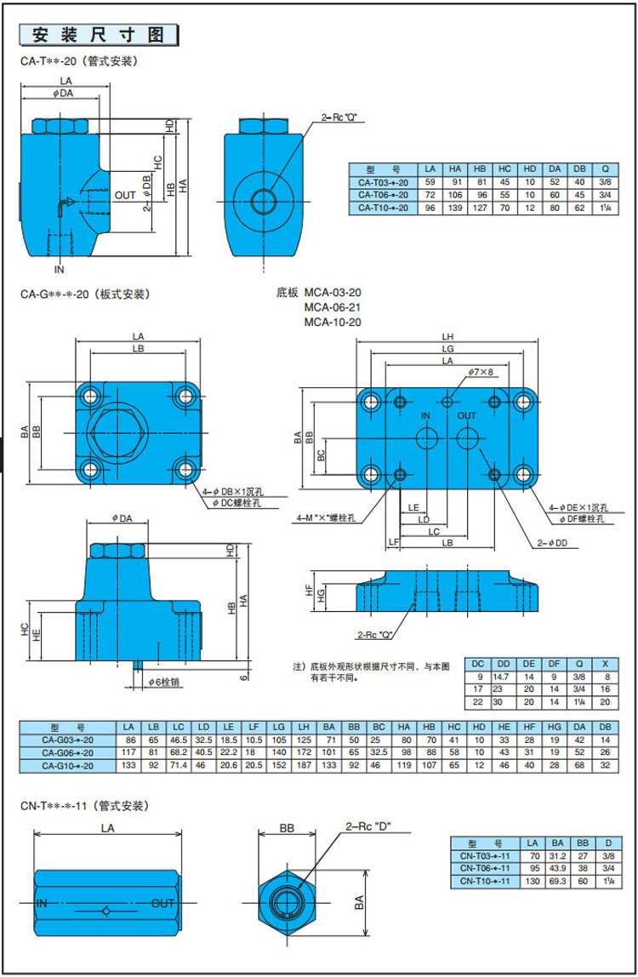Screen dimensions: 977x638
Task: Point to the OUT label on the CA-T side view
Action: (x=125, y=196)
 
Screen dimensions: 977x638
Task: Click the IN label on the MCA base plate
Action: (x=427, y=415)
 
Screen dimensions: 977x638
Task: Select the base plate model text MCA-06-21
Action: (x=333, y=307)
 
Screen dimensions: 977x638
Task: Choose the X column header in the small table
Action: (x=606, y=663)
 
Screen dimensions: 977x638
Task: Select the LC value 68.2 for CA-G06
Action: (x=179, y=752)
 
